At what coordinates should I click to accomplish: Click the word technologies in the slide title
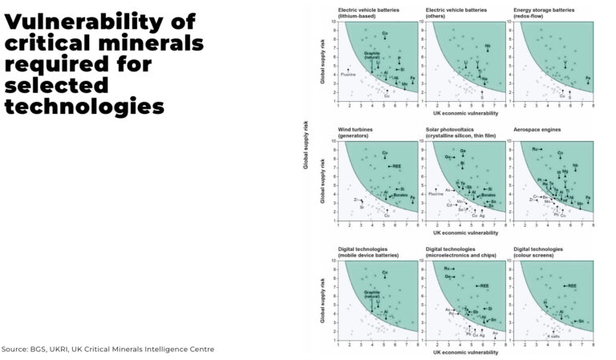tap(84, 105)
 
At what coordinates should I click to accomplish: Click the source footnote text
tap(107, 349)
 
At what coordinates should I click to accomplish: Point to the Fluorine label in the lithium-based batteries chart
tap(348, 75)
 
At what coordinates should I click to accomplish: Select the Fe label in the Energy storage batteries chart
tap(588, 78)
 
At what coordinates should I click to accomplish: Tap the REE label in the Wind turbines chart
tap(397, 166)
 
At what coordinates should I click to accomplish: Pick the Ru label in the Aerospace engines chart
tap(535, 149)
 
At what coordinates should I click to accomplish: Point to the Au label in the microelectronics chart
tap(496, 331)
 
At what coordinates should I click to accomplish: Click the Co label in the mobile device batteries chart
tap(385, 273)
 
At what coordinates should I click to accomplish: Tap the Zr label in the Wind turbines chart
tap(355, 199)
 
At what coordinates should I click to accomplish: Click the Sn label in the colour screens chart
tap(580, 319)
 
